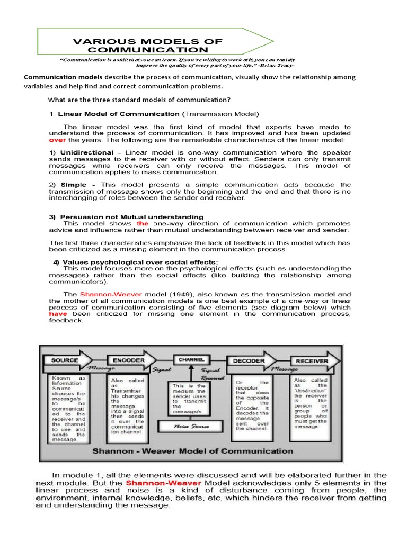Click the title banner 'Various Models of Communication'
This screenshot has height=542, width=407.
pos(148,46)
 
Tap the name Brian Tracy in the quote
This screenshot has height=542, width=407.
pos(278,66)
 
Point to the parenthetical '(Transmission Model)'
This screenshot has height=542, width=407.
pos(220,114)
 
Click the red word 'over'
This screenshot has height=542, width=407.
pos(59,141)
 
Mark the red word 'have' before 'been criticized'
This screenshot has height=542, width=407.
pos(59,314)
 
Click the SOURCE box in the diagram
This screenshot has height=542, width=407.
pos(65,360)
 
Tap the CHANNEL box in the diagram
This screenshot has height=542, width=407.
pos(191,359)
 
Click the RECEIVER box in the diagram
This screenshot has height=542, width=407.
pos(313,361)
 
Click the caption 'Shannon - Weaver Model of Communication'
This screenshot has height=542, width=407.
pos(192,451)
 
